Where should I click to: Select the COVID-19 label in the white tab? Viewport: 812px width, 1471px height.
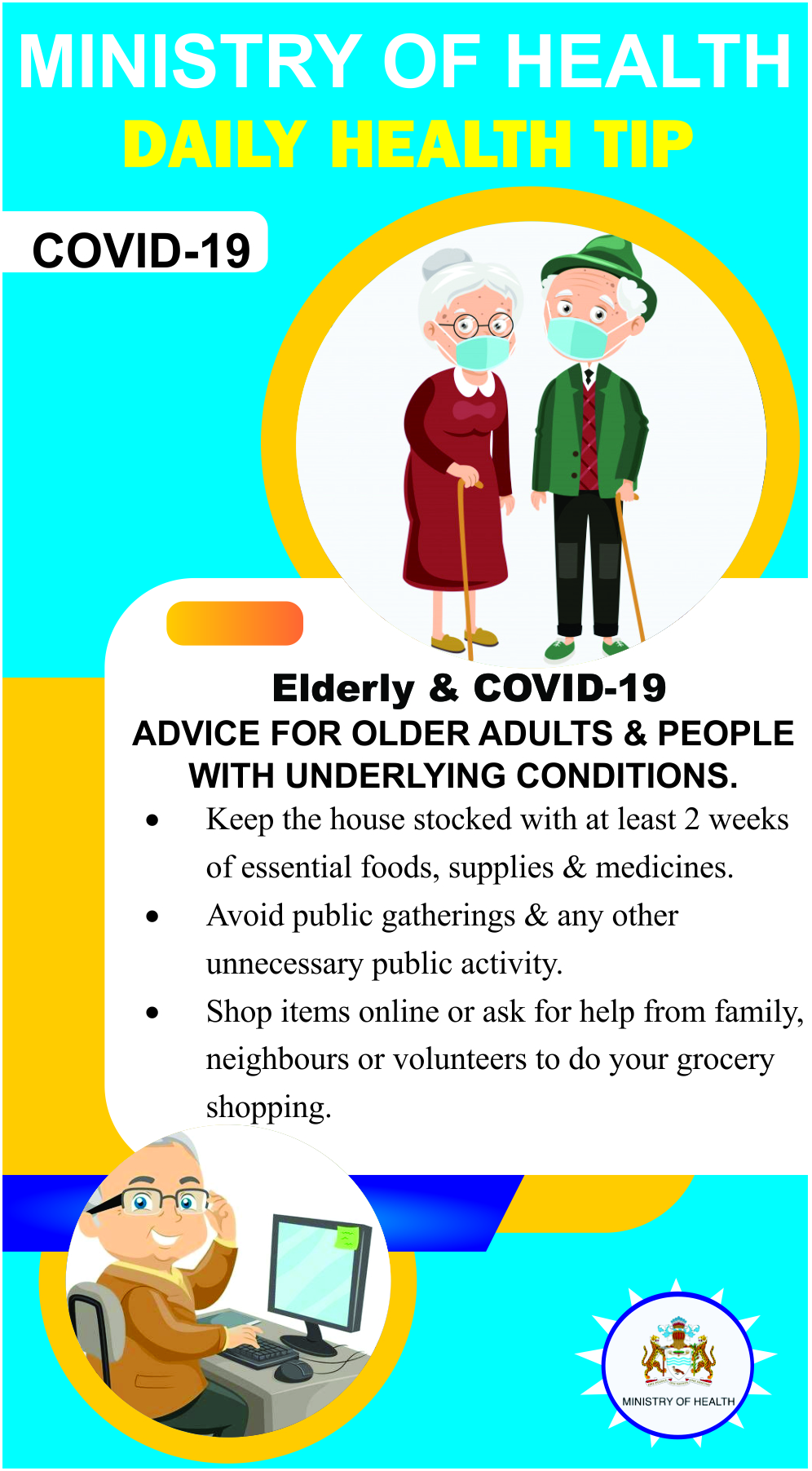pyautogui.click(x=141, y=250)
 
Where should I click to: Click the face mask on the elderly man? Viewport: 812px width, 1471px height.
pyautogui.click(x=578, y=338)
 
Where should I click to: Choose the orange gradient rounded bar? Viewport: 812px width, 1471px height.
pyautogui.click(x=235, y=623)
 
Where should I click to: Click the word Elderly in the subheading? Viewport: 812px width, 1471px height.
pyautogui.click(x=343, y=688)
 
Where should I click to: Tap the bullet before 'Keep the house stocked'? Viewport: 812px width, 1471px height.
pyautogui.click(x=152, y=820)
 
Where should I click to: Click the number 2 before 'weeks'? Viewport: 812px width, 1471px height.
pyautogui.click(x=691, y=819)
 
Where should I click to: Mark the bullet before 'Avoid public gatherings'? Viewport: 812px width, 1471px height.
pyautogui.click(x=152, y=917)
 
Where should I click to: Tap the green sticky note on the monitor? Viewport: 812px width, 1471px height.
pyautogui.click(x=346, y=1236)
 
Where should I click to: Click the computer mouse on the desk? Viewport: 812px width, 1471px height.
pyautogui.click(x=293, y=1371)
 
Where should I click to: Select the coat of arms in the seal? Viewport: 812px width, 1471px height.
pyautogui.click(x=678, y=1353)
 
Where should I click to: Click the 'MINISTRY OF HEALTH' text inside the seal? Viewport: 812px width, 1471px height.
pyautogui.click(x=678, y=1402)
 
